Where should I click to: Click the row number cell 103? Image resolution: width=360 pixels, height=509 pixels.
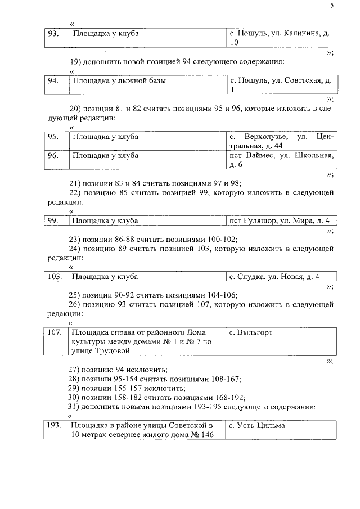point(55,276)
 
